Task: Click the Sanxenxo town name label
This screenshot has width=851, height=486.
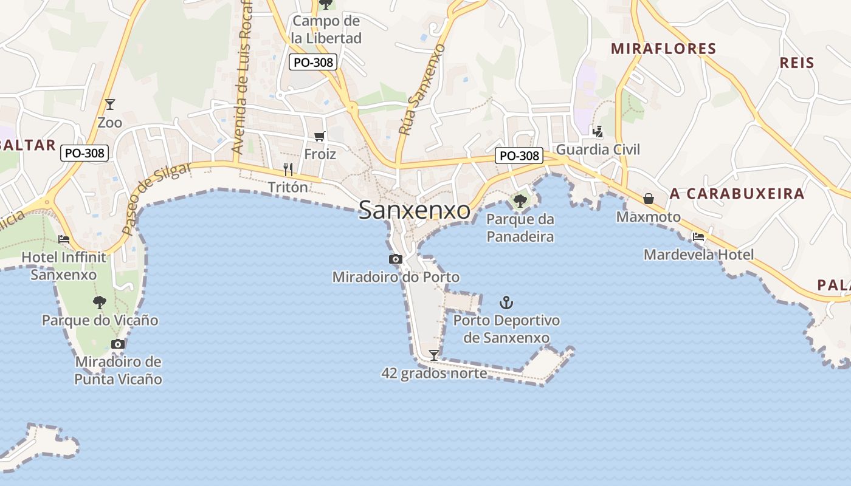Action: (414, 210)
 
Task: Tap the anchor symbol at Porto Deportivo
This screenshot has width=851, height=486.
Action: (506, 302)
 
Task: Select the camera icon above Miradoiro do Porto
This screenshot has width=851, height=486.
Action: (396, 259)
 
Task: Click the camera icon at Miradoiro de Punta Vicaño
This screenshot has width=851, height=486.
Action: (118, 344)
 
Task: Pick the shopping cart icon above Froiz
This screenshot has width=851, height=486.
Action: (320, 136)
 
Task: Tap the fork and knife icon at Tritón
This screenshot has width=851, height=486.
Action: (289, 169)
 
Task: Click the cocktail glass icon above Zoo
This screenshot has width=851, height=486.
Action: (110, 104)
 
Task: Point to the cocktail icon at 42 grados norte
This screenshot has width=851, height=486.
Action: (434, 355)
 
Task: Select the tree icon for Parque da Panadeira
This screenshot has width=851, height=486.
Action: (520, 200)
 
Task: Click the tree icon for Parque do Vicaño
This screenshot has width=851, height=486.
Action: (99, 302)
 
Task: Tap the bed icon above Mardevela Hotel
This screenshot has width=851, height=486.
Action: (698, 237)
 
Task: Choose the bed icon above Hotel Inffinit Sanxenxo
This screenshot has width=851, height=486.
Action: (63, 239)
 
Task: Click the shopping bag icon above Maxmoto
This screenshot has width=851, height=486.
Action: (649, 199)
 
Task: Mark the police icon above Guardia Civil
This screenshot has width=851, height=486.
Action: (598, 131)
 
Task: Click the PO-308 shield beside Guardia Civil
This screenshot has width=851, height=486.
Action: (519, 156)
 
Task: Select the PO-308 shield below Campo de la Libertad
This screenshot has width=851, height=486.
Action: (314, 62)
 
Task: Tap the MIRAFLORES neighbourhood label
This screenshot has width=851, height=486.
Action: (664, 49)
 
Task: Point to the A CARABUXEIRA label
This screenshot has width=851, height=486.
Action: (737, 194)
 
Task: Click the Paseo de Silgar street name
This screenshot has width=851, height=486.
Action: (156, 198)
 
